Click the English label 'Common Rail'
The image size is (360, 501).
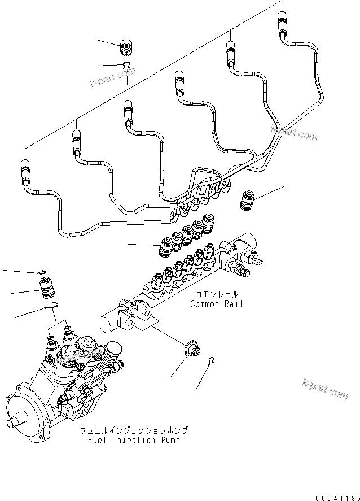[217, 304]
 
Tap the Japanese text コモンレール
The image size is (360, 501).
[217, 295]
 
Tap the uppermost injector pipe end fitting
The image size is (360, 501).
[281, 25]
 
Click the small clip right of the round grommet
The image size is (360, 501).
[210, 361]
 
